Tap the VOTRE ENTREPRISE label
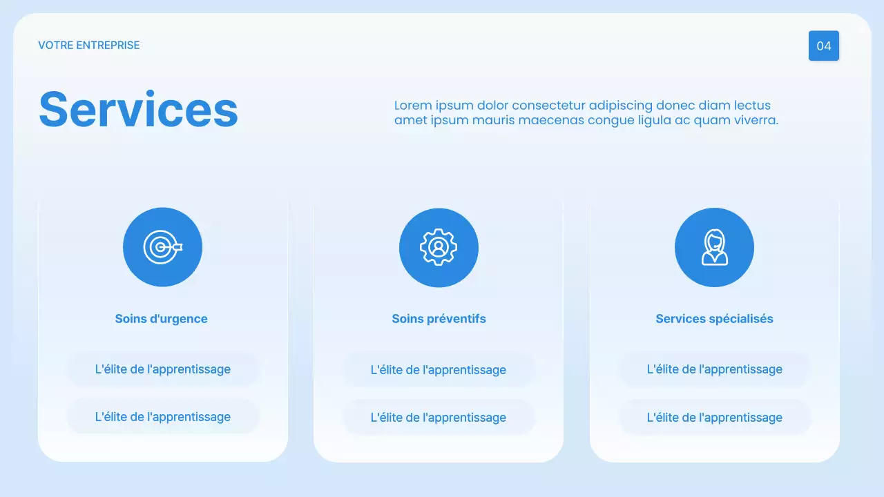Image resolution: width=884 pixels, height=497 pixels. coord(89,46)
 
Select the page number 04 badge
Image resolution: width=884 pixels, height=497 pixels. coord(823,46)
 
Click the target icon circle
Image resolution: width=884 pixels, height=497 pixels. coord(162,247)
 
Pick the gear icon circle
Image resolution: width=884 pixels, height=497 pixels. coord(439,247)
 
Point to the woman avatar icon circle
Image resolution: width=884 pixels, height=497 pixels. coord(714,247)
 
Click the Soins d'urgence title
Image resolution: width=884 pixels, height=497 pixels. coord(161,319)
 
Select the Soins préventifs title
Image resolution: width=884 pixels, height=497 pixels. coord(439,319)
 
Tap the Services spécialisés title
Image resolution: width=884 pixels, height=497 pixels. coord(714,319)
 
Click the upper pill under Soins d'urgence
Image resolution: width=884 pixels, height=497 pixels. coord(162,369)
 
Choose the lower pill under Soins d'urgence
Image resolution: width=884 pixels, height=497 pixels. coord(162,417)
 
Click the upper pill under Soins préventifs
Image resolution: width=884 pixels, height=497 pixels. coord(439,370)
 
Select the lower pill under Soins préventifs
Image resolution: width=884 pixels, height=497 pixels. coord(439,418)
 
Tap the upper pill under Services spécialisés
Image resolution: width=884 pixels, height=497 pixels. coord(714,369)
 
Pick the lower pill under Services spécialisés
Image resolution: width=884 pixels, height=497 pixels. coord(714,418)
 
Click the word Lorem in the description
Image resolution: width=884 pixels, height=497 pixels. coord(412,106)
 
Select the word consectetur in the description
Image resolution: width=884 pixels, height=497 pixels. coord(548,106)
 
